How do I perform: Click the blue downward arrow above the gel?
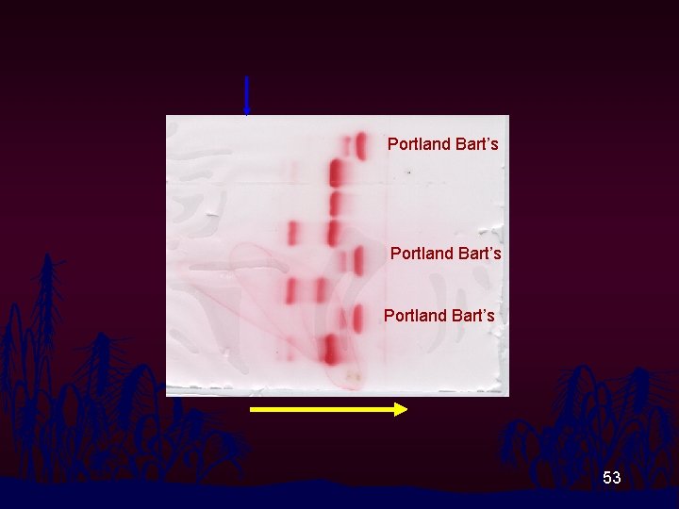246,95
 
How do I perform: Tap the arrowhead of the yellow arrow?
401,409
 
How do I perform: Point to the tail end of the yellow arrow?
253,409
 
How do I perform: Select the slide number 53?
612,479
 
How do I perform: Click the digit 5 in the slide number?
607,479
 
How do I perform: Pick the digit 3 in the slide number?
617,479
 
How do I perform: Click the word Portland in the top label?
419,145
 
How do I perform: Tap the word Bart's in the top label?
475,145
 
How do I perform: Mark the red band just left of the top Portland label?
360,145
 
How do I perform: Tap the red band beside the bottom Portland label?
357,319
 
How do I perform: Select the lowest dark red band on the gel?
330,351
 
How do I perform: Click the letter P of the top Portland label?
392,145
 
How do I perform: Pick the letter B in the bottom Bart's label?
455,316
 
